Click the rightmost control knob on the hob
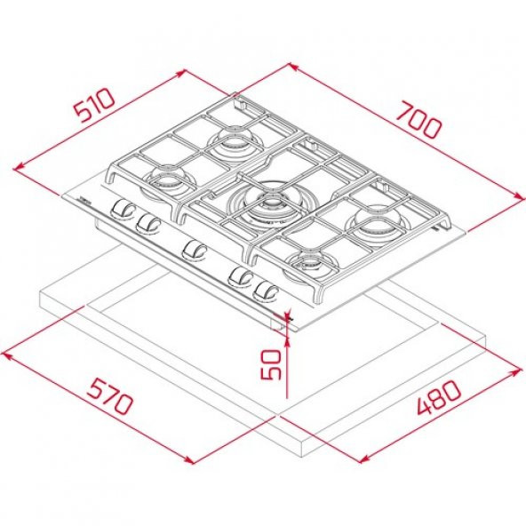263,290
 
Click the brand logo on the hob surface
78,201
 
